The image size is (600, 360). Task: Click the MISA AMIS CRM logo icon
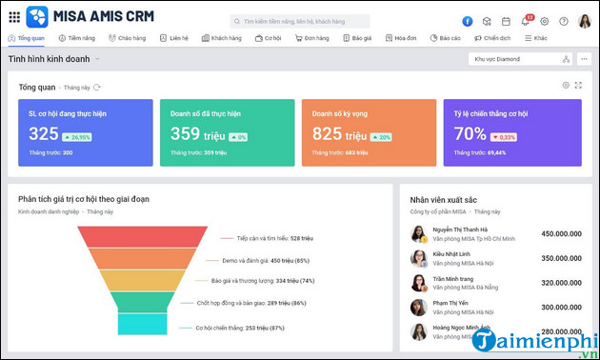point(36,16)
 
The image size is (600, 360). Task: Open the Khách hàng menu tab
point(222,38)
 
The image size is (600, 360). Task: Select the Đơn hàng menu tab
point(311,38)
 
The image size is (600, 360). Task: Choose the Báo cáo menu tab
point(446,38)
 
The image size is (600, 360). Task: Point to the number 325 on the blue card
point(44,134)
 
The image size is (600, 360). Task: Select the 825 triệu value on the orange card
point(341,134)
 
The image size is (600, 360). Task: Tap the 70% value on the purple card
point(470,134)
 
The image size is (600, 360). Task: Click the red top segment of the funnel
point(163,235)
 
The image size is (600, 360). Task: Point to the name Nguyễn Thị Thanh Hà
point(460,230)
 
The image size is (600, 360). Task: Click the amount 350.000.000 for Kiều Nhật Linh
point(567,258)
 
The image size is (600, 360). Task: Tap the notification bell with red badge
point(525,21)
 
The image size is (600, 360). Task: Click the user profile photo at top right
point(584,21)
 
